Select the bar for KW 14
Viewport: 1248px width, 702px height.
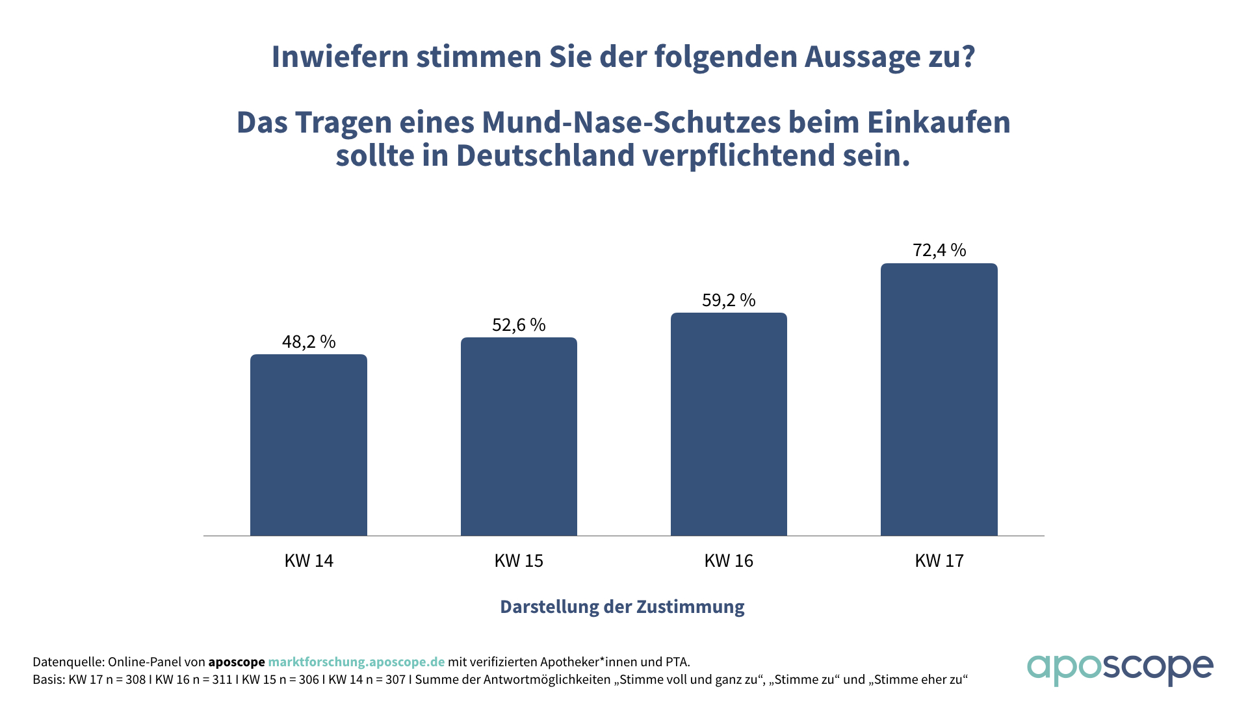click(x=309, y=445)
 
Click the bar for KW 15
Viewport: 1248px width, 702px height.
click(x=519, y=437)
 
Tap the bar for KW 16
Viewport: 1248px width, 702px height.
click(x=729, y=424)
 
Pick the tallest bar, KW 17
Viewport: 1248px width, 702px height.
click(x=939, y=400)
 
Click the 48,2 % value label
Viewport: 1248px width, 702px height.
click(x=309, y=342)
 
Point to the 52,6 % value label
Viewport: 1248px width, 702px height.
click(x=519, y=325)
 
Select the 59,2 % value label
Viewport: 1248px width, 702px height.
click(x=729, y=300)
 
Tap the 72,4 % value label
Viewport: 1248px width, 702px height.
click(x=939, y=250)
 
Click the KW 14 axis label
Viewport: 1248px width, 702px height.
click(x=309, y=561)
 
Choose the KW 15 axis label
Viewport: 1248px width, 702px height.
click(x=519, y=561)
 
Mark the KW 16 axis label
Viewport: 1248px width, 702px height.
click(x=729, y=561)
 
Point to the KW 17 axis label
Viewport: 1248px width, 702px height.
click(x=939, y=561)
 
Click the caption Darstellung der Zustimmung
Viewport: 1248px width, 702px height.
click(x=622, y=606)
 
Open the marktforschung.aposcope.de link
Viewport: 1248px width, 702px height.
click(x=356, y=662)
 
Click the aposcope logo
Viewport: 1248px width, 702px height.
click(x=1119, y=668)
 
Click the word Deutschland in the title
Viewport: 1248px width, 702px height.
click(x=545, y=155)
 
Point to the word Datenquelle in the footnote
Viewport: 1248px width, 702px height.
click(x=68, y=662)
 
